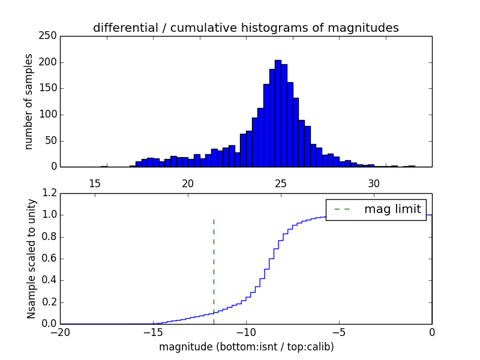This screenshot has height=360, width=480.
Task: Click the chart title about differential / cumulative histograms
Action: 245,28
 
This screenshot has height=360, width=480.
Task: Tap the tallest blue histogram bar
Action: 278,114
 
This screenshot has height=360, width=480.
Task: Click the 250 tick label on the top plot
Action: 50,36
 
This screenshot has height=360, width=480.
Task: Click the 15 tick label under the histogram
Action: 94,183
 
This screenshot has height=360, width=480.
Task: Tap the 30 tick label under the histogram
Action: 374,183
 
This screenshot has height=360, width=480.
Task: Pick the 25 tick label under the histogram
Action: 281,183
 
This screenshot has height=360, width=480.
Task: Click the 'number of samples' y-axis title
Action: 29,101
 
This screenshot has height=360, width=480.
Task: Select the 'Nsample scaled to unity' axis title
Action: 31,259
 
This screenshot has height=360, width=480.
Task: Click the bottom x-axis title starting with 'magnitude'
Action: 246,347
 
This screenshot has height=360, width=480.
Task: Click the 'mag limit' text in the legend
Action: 392,209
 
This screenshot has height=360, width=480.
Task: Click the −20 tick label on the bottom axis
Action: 60,332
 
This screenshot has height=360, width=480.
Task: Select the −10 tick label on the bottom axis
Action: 245,332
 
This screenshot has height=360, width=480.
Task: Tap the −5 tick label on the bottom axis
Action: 338,332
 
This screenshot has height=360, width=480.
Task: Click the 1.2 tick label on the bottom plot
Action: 48,193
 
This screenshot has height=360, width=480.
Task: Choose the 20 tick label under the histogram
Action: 188,183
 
